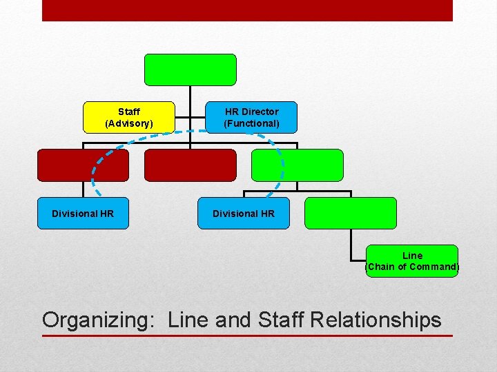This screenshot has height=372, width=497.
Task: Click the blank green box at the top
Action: [x=190, y=70]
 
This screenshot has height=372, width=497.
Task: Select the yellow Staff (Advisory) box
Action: [x=129, y=117]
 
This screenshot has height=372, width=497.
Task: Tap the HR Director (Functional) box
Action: [x=252, y=117]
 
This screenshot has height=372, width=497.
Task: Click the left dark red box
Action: [x=83, y=165]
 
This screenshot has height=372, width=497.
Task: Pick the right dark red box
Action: [x=190, y=165]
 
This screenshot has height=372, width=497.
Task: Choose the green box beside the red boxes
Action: [x=297, y=165]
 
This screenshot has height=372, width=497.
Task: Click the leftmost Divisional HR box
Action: [x=83, y=214]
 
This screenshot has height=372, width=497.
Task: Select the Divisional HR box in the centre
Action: [x=244, y=214]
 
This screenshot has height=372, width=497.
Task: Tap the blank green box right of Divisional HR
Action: [x=351, y=214]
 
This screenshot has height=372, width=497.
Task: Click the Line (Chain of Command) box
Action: [x=412, y=261]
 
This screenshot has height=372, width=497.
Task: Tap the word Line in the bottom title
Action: [x=189, y=320]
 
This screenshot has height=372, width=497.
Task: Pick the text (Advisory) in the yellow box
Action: [x=129, y=124]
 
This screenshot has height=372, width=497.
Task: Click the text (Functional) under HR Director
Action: [x=252, y=124]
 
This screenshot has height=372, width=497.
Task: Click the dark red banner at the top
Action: [x=247, y=10]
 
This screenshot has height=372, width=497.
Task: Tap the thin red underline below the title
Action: [x=247, y=335]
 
